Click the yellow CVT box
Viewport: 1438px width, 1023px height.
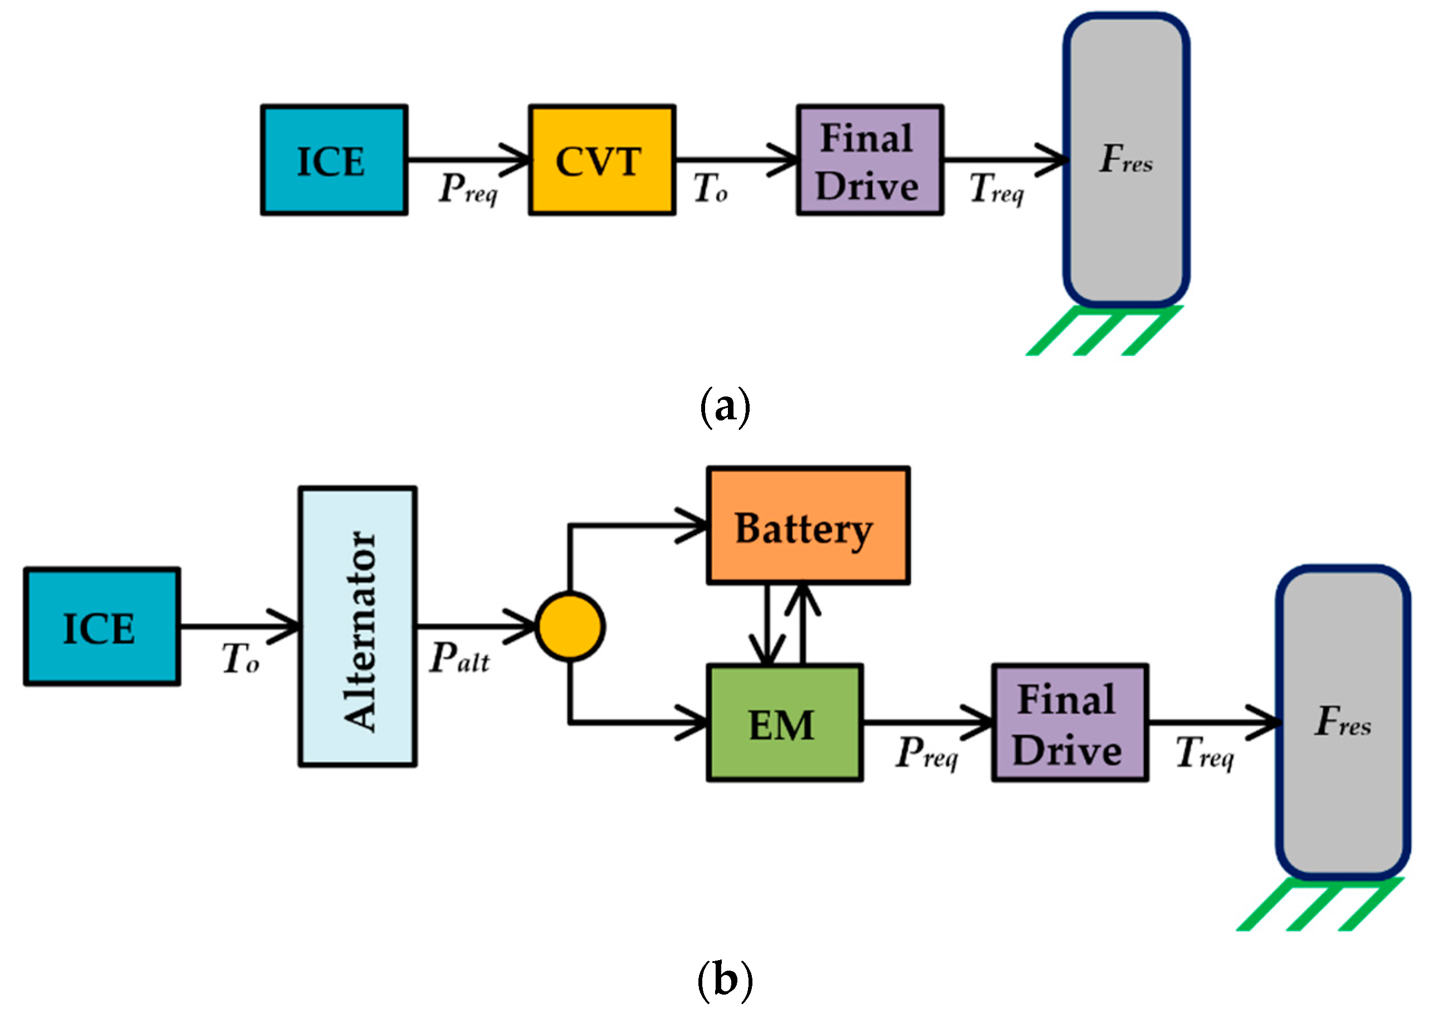pyautogui.click(x=601, y=160)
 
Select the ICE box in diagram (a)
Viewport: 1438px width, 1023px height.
pyautogui.click(x=334, y=160)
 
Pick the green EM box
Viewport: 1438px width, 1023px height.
pyautogui.click(x=784, y=724)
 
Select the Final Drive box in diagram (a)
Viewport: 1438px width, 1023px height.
pyautogui.click(x=869, y=160)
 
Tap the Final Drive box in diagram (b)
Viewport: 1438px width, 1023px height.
pyautogui.click(x=1069, y=724)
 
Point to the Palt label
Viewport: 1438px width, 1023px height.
pyautogui.click(x=459, y=659)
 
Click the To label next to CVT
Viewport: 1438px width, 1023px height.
pyautogui.click(x=710, y=188)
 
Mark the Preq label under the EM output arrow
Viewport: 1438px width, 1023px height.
pyautogui.click(x=927, y=753)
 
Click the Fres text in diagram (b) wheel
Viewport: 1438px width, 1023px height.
pyautogui.click(x=1342, y=722)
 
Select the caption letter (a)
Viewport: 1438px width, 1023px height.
pyautogui.click(x=725, y=408)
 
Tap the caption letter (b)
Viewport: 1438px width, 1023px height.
pyautogui.click(x=725, y=981)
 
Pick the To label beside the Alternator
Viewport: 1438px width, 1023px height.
pyautogui.click(x=240, y=659)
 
